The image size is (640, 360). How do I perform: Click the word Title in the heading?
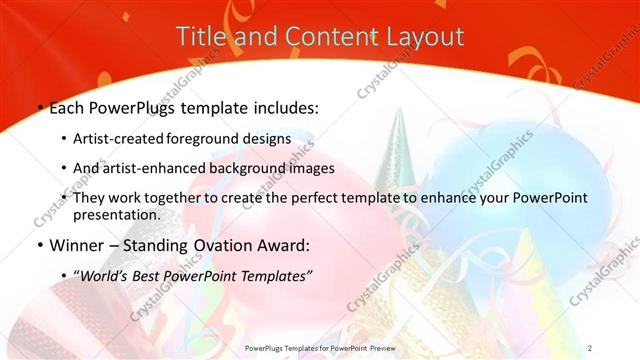(x=201, y=37)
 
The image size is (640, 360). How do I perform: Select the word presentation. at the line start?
(x=117, y=214)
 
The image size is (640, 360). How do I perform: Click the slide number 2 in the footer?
(x=591, y=348)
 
